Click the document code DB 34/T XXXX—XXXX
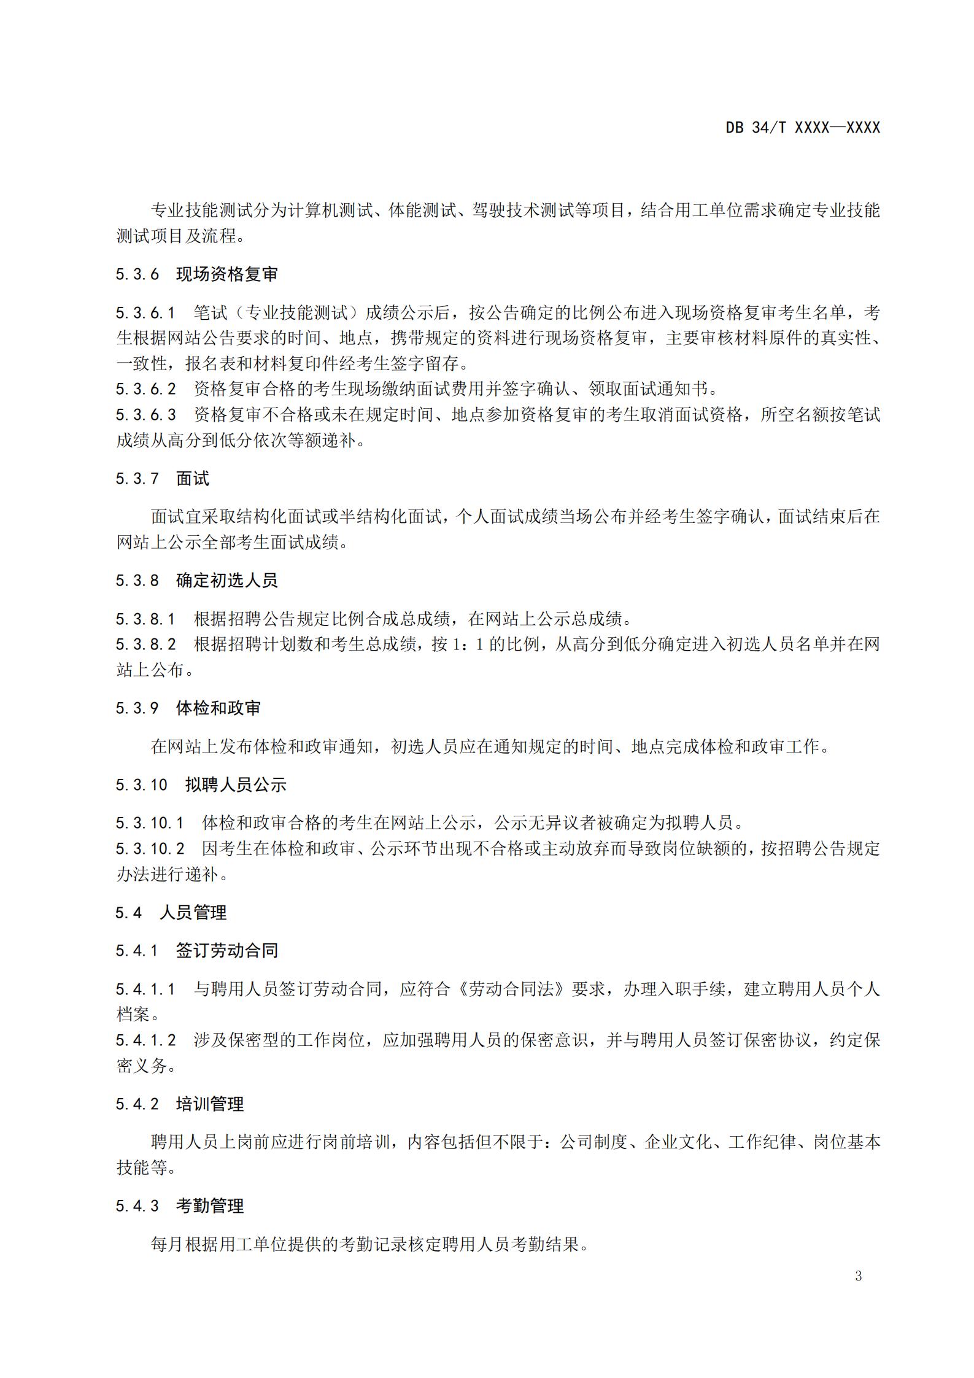point(802,128)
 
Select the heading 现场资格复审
point(227,274)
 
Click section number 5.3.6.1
point(145,313)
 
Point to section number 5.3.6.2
point(145,389)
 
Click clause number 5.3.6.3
point(145,415)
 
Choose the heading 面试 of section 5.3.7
point(193,479)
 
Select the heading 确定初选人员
point(227,581)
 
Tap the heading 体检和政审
point(218,708)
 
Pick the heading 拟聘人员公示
point(236,785)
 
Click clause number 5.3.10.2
point(150,849)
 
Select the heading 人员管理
point(193,913)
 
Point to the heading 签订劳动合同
point(227,951)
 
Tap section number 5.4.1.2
point(145,1040)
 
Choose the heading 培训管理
point(210,1104)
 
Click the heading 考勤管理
point(210,1206)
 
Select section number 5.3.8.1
point(145,619)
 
